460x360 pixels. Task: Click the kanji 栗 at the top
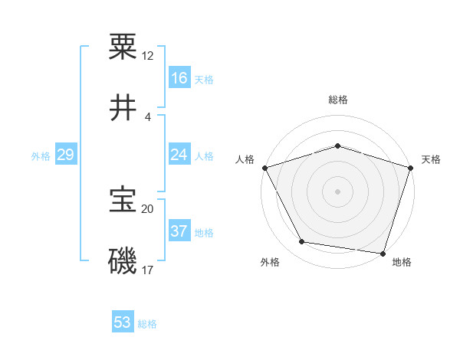pyautogui.click(x=123, y=46)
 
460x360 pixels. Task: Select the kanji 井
pyautogui.click(x=123, y=108)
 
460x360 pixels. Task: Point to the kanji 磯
pyautogui.click(x=123, y=260)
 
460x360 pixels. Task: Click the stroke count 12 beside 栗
pyautogui.click(x=148, y=56)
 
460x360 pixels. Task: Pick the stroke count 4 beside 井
pyautogui.click(x=147, y=117)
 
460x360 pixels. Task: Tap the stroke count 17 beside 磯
pyautogui.click(x=148, y=270)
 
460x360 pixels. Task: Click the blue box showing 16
pyautogui.click(x=179, y=78)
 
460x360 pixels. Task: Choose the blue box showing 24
pyautogui.click(x=179, y=155)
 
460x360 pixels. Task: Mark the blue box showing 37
pyautogui.click(x=179, y=231)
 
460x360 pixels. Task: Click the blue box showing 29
pyautogui.click(x=65, y=155)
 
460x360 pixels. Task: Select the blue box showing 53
pyautogui.click(x=123, y=322)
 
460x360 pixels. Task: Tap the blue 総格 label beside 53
pyautogui.click(x=147, y=324)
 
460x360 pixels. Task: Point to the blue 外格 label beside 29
pyautogui.click(x=41, y=156)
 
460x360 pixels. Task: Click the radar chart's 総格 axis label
pyautogui.click(x=338, y=100)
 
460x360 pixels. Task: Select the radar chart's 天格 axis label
pyautogui.click(x=431, y=159)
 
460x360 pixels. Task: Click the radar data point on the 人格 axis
pyautogui.click(x=264, y=167)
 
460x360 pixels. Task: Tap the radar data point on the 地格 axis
pyautogui.click(x=383, y=253)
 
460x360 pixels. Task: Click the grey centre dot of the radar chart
pyautogui.click(x=337, y=191)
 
